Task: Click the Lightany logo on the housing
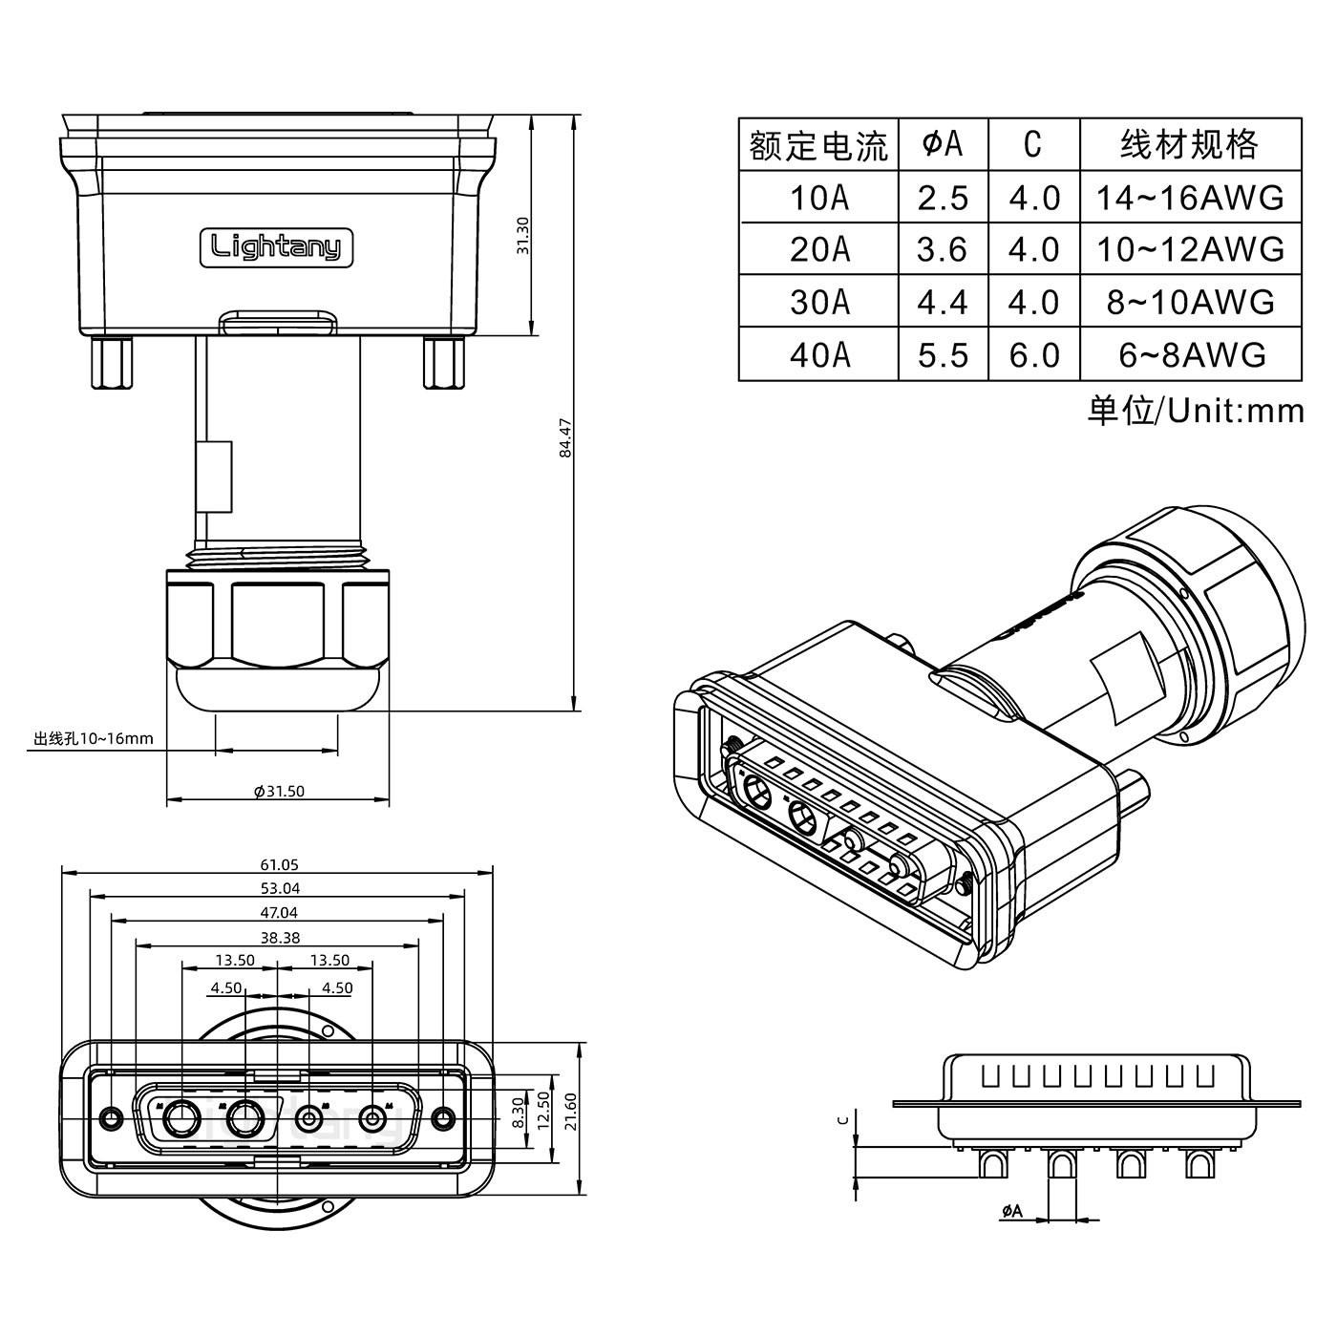[276, 247]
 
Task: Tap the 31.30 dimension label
[522, 235]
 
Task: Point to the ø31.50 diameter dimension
[279, 791]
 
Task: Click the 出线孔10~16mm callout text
[93, 738]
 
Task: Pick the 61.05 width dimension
[279, 865]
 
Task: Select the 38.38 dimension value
[279, 938]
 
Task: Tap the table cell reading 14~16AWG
[1189, 198]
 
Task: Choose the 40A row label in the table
[818, 354]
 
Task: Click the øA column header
[943, 144]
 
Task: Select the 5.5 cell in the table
[943, 354]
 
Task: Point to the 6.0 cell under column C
[1034, 354]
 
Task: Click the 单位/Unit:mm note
[1195, 411]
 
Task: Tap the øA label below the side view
[1012, 1211]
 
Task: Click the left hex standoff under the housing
[113, 363]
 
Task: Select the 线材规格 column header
[1189, 144]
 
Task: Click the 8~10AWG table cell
[1189, 302]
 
